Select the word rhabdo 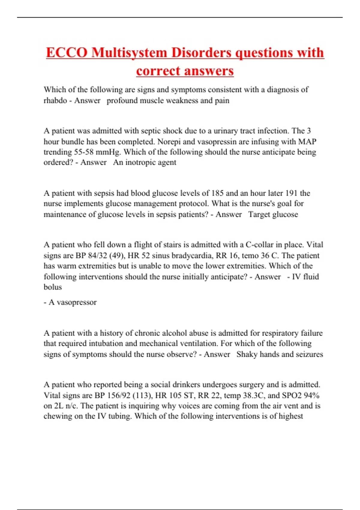(55, 100)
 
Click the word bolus (53, 287)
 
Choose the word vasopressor (76, 302)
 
